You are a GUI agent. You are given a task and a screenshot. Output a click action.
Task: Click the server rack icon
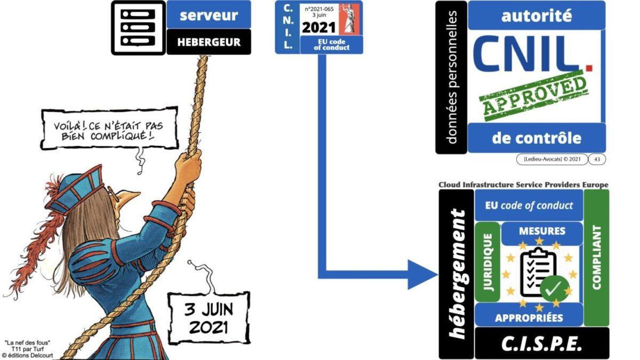click(x=138, y=28)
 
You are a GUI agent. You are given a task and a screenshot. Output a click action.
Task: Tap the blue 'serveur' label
click(x=209, y=15)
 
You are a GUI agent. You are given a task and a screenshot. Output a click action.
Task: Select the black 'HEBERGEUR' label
click(x=209, y=42)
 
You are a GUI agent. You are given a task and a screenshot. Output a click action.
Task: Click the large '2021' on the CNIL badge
click(x=319, y=27)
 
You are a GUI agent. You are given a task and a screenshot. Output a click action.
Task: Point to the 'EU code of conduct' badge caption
click(x=331, y=45)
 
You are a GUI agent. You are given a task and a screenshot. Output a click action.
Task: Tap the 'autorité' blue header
click(x=536, y=15)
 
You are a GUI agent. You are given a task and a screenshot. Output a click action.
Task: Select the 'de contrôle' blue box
click(x=536, y=138)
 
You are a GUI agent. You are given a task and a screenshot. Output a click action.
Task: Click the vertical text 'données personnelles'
click(x=451, y=77)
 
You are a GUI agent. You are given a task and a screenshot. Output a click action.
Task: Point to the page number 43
click(x=597, y=159)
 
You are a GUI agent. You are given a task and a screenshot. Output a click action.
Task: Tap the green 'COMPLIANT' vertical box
click(x=596, y=257)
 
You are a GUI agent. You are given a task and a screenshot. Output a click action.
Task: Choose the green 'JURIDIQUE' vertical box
click(x=486, y=261)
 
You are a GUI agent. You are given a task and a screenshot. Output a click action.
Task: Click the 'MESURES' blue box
click(x=541, y=232)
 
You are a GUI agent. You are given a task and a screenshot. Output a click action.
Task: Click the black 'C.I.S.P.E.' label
click(x=541, y=344)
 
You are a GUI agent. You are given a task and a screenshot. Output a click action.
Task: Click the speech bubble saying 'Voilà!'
click(x=109, y=128)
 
